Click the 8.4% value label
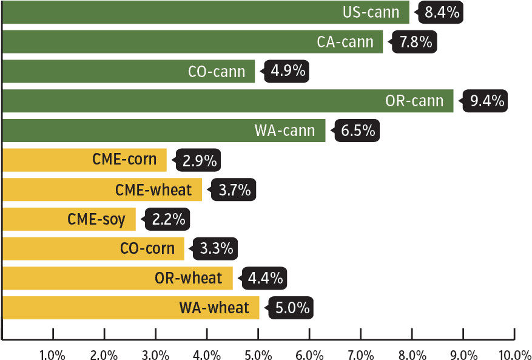pyautogui.click(x=442, y=12)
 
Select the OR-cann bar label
pyautogui.click(x=414, y=101)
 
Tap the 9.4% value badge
pyautogui.click(x=487, y=101)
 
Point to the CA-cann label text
pyautogui.click(x=345, y=42)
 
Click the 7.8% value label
pyautogui.click(x=416, y=42)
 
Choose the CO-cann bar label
pyautogui.click(x=217, y=72)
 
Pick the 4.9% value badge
pyautogui.click(x=288, y=71)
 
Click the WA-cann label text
pyautogui.click(x=285, y=131)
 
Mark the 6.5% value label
pyautogui.click(x=358, y=131)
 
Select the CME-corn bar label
pyautogui.click(x=124, y=160)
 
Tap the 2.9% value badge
pyautogui.click(x=200, y=161)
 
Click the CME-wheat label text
pyautogui.click(x=153, y=190)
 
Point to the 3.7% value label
pyautogui.click(x=234, y=190)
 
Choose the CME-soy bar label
pyautogui.click(x=96, y=219)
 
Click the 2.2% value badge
pyautogui.click(x=168, y=219)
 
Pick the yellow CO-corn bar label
pyautogui.click(x=147, y=248)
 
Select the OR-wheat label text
pyautogui.click(x=189, y=278)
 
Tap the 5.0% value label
pyautogui.click(x=292, y=308)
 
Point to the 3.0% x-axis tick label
pyautogui.click(x=156, y=354)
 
